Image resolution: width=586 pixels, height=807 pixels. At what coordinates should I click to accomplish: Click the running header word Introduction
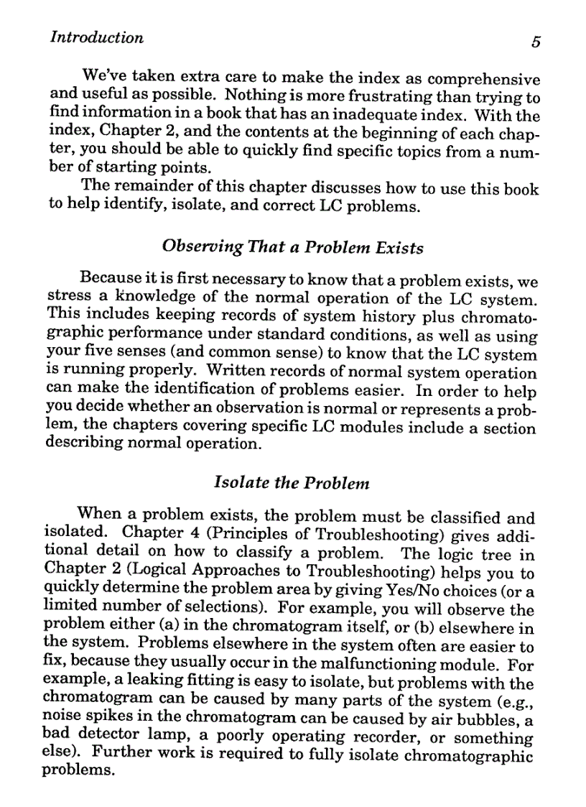pyautogui.click(x=96, y=38)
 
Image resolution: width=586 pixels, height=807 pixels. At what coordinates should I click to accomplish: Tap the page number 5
pyautogui.click(x=535, y=42)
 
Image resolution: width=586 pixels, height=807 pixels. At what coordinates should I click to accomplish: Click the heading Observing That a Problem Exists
pyautogui.click(x=293, y=248)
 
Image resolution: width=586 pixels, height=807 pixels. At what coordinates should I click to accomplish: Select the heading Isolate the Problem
pyautogui.click(x=292, y=483)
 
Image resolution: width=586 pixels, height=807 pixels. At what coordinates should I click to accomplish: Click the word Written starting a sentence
pyautogui.click(x=235, y=374)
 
